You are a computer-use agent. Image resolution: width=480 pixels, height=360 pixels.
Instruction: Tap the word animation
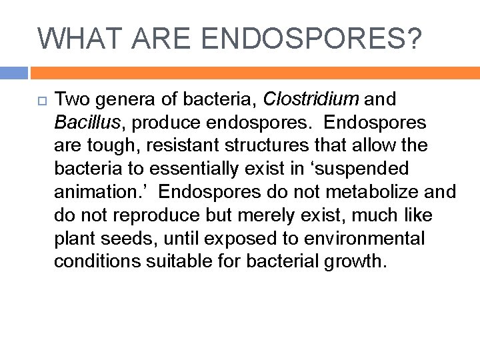coord(100,193)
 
